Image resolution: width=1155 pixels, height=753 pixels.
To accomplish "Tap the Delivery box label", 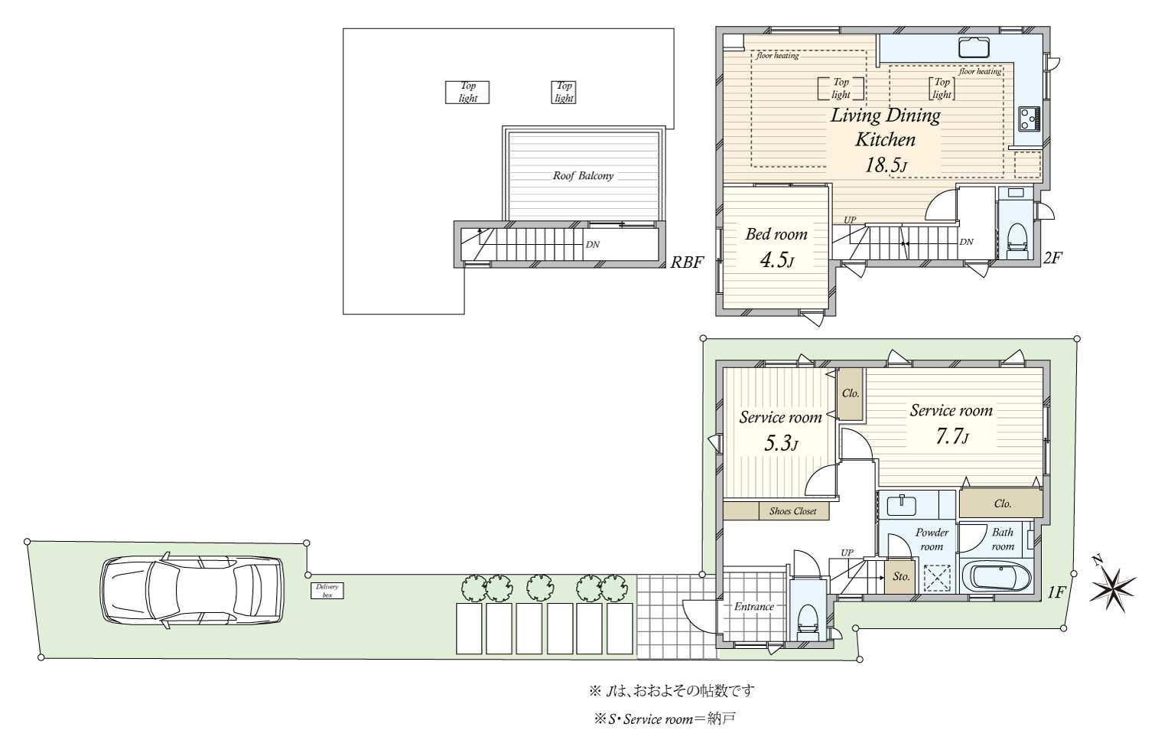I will point(327,591).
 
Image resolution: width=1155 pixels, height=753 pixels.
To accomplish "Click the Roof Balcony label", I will point(583,176).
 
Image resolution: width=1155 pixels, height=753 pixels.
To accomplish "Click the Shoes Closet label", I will point(792,511).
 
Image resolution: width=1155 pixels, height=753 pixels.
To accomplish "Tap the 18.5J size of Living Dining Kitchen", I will point(886,165).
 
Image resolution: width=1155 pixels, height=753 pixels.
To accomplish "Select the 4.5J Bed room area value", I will point(776,260).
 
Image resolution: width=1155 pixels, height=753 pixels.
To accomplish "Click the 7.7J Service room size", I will point(952,437).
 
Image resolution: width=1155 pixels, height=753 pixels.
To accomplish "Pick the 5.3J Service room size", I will point(781,443).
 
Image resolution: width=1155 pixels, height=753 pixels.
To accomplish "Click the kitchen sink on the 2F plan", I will point(974,47).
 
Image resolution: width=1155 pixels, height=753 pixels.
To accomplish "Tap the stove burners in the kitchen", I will point(1028,117).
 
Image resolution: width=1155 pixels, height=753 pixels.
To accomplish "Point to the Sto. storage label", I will point(902,577).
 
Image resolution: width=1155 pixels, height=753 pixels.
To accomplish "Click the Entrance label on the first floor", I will point(754,607).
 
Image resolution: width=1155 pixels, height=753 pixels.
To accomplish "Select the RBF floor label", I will point(686,262).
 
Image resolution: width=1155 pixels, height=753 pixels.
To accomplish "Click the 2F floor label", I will point(1053,258).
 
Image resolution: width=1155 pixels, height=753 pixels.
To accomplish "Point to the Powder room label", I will point(931,539).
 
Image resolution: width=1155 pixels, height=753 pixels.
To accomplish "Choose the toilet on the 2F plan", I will point(1017,237).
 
